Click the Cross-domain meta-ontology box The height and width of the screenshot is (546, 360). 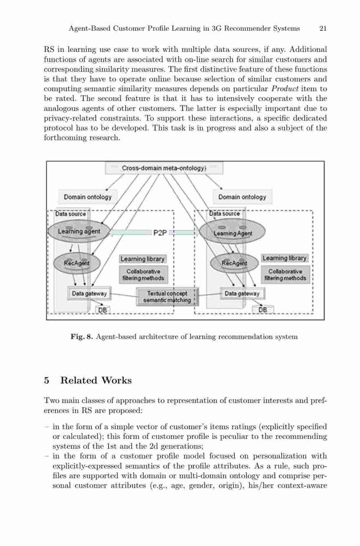[x=164, y=168]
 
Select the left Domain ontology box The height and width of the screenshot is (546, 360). [x=88, y=197]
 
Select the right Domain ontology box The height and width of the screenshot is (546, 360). [x=242, y=197]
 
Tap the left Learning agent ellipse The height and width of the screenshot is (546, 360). [x=79, y=231]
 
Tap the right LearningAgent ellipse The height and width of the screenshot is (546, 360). [x=233, y=233]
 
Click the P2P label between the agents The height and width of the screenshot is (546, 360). [x=160, y=233]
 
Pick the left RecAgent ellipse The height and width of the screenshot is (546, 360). [x=76, y=263]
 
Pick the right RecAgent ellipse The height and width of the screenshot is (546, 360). [x=234, y=263]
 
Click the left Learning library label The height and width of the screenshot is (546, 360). [x=143, y=259]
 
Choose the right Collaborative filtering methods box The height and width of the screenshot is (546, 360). [x=285, y=275]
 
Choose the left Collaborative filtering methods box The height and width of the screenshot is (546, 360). [x=143, y=275]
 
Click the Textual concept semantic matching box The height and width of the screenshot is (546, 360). [x=167, y=296]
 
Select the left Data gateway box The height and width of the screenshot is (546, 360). [x=89, y=294]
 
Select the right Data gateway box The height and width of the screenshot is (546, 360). [x=242, y=294]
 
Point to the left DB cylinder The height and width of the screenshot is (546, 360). [x=103, y=310]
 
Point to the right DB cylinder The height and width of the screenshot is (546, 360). [x=263, y=310]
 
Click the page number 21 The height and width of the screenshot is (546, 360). [x=323, y=28]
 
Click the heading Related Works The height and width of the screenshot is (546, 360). [x=96, y=380]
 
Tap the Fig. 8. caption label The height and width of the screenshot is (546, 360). [x=82, y=337]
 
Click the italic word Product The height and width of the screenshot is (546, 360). [x=285, y=89]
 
